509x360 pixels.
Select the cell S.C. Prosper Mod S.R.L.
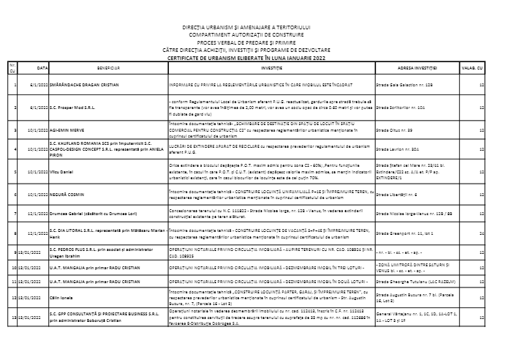(x=72, y=107)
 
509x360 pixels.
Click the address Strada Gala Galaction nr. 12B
(x=401, y=86)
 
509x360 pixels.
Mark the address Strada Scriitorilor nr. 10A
(x=399, y=107)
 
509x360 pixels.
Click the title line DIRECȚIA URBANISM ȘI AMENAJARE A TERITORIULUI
(x=254, y=27)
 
